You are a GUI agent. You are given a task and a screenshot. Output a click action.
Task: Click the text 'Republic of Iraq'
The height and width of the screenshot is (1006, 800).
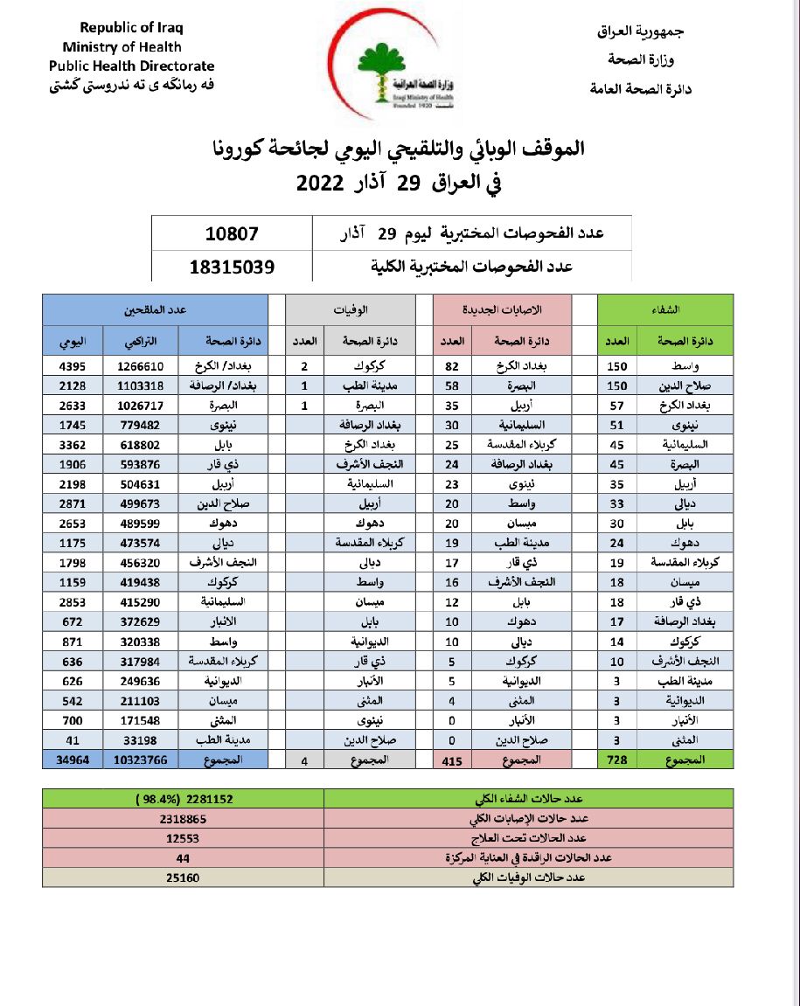[132, 29]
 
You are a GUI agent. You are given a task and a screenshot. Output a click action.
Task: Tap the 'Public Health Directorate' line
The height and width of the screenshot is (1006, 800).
[131, 66]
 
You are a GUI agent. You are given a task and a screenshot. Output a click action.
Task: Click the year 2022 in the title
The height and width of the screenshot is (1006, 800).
[323, 184]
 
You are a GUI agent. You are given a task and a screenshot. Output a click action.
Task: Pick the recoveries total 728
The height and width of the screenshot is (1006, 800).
[617, 760]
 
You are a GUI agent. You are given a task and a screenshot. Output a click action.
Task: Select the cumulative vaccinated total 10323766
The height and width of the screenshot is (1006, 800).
[140, 760]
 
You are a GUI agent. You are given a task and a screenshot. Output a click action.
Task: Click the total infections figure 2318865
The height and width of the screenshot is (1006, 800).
[183, 819]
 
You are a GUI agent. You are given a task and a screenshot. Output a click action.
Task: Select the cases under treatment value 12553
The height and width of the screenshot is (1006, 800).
[183, 838]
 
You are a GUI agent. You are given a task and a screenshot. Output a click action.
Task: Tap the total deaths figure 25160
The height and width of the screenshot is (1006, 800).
[183, 877]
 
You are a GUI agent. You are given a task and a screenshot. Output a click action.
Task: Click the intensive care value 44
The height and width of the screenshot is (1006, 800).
[183, 857]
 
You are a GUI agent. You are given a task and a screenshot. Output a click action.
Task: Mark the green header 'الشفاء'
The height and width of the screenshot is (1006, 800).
[665, 310]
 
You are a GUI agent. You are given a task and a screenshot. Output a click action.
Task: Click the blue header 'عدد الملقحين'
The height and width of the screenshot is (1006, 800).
[155, 310]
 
